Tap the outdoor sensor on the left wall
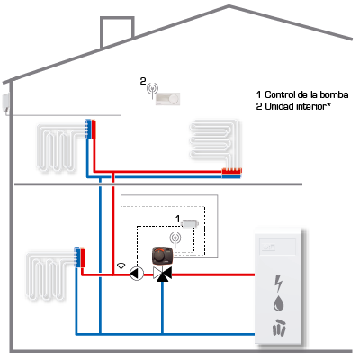[6, 103]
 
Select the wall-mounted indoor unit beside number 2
[167, 99]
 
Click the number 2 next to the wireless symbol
[143, 81]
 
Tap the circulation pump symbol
[137, 274]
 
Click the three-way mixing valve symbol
[162, 274]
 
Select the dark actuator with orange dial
[163, 256]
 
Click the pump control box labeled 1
[190, 224]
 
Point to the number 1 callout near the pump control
[177, 219]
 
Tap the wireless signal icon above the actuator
[175, 238]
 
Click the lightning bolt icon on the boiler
[279, 283]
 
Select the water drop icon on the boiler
[278, 303]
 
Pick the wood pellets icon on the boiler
[279, 327]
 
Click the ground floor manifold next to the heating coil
[80, 257]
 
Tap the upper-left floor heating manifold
[91, 129]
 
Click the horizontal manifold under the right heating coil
[231, 174]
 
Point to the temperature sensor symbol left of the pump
[121, 266]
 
